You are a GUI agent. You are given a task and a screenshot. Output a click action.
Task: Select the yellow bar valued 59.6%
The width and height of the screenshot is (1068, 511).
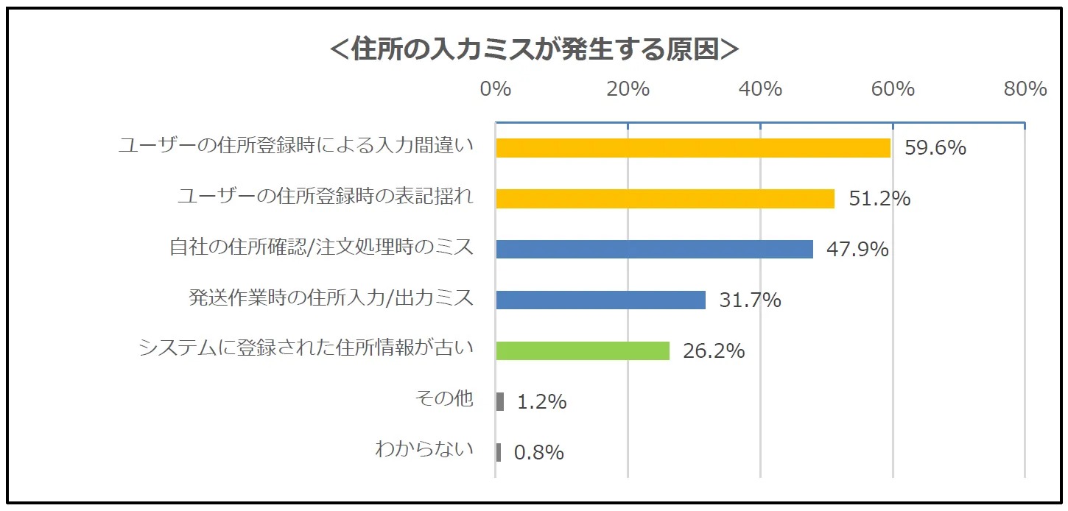pos(692,147)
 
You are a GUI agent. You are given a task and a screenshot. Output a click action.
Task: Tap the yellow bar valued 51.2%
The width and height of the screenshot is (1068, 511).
pos(664,198)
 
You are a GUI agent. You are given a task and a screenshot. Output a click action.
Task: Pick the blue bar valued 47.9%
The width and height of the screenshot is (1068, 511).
pos(654,249)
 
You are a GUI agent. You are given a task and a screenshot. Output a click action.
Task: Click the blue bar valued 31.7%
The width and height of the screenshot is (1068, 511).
pos(600,300)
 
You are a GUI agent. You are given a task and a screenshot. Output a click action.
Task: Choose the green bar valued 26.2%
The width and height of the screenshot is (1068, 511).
pos(582,350)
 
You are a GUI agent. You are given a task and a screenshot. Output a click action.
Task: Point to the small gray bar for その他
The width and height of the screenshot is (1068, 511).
pos(500,401)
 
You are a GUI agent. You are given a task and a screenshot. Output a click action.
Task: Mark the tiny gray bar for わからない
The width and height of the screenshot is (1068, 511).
pos(499,452)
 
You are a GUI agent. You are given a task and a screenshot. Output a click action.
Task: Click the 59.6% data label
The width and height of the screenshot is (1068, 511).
pos(935,148)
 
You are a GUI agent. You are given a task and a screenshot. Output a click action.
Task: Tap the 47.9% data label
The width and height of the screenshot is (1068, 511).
pos(857,250)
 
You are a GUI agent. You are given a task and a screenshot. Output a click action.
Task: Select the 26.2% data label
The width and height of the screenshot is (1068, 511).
pos(714,351)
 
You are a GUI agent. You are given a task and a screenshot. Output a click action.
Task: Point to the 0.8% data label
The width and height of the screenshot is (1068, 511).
pos(538,453)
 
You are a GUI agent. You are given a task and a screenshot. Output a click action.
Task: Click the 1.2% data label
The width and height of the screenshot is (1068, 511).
pos(541,402)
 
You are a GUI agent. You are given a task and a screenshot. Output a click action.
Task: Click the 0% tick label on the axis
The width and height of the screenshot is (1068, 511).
pos(495,89)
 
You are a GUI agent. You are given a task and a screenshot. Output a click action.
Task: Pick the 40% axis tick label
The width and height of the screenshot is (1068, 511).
pos(760,89)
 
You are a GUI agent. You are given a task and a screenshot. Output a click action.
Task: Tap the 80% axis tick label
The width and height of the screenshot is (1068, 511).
pos(1025,89)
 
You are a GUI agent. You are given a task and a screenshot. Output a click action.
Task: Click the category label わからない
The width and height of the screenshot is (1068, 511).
pos(424,449)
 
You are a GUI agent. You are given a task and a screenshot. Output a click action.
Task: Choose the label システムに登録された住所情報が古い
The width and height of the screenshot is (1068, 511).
pos(306,348)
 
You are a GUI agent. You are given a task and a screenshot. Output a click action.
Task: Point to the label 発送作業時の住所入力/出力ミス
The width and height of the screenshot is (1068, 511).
pos(331,297)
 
